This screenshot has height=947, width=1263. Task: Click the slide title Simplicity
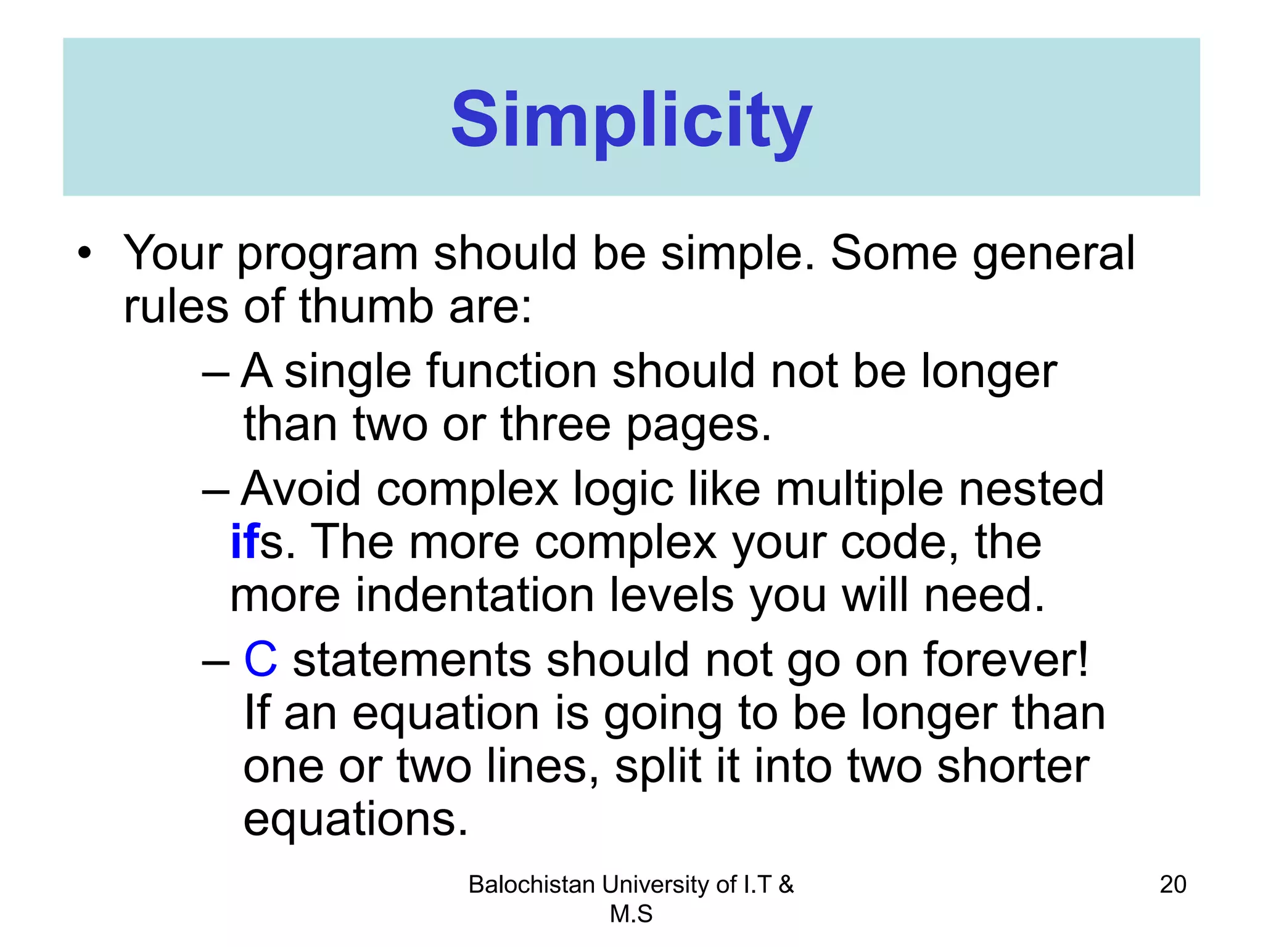tap(631, 120)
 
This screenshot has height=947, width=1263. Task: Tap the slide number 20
tap(1172, 884)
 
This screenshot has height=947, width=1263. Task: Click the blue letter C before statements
tap(260, 660)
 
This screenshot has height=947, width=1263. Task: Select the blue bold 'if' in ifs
tap(245, 542)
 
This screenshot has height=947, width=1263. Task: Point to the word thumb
tap(366, 306)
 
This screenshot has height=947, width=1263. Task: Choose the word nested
tap(1031, 489)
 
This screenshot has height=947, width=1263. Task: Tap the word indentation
tap(474, 596)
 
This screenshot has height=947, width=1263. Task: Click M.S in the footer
tap(631, 914)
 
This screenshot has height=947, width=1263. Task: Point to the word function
tap(511, 372)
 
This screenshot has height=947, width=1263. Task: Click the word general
tap(1053, 254)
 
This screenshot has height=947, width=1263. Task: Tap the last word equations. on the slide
tap(355, 820)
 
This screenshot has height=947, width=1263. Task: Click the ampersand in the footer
tap(786, 885)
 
